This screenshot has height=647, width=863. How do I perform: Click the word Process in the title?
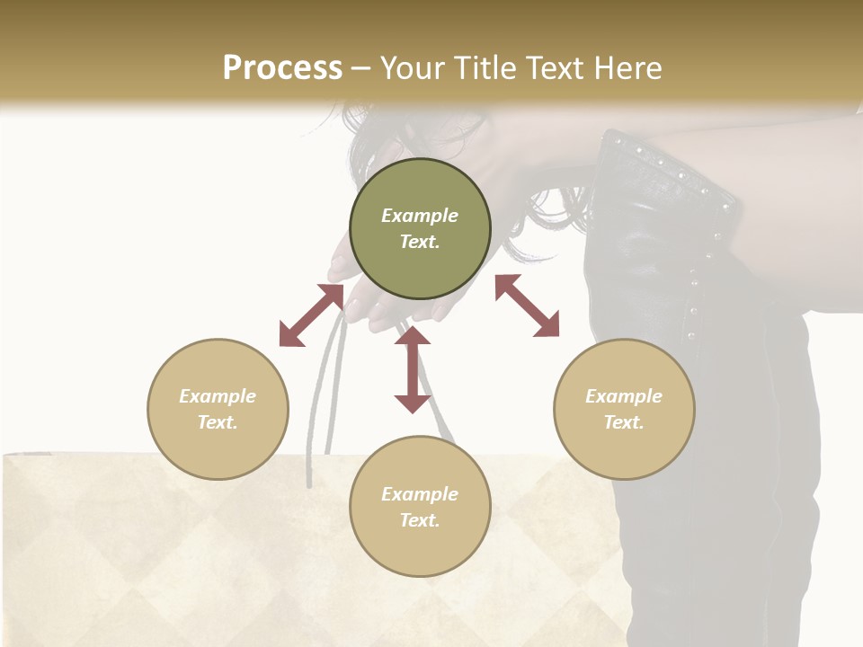point(282,68)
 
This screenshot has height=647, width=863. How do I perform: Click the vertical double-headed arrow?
point(413,369)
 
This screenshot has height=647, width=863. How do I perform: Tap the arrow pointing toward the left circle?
point(311,315)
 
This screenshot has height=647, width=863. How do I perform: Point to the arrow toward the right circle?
point(528,306)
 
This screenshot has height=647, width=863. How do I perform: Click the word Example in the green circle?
point(420,216)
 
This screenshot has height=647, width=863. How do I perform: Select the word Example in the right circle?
point(624,396)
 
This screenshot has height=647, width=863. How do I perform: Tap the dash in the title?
point(360,68)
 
